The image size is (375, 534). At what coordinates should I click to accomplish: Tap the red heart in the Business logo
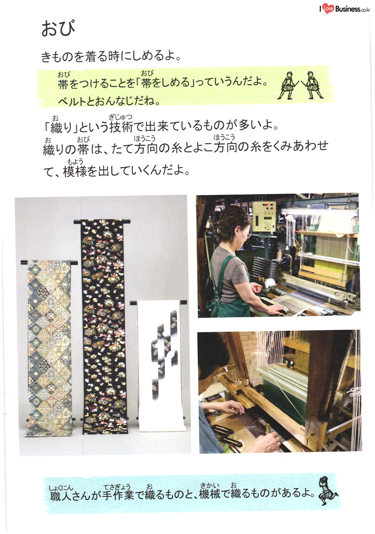328,9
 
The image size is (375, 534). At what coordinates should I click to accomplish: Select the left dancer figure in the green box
288,85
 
